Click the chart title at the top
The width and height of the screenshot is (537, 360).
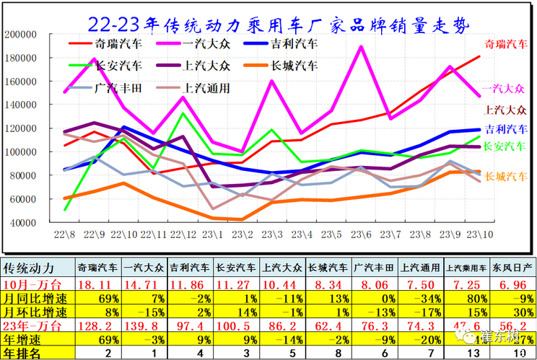(279, 25)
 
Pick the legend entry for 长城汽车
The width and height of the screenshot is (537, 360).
(292, 66)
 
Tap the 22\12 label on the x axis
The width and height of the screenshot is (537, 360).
(183, 234)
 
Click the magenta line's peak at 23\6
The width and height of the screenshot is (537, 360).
(360, 47)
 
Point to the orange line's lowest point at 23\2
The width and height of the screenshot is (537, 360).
(243, 219)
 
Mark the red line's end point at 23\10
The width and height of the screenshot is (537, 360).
(479, 56)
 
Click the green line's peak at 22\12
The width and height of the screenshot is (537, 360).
(183, 113)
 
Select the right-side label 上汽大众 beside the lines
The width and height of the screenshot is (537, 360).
(505, 110)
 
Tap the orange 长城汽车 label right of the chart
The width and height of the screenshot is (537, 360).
(505, 176)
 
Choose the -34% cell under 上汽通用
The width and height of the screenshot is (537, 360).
(421, 298)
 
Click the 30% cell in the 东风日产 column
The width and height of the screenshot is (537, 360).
(513, 312)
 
